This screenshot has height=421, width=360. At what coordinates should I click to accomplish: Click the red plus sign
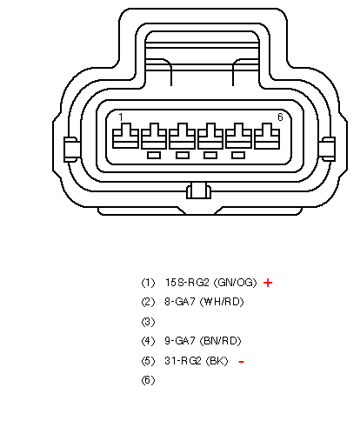click(x=268, y=283)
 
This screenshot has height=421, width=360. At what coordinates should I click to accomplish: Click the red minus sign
click(x=241, y=362)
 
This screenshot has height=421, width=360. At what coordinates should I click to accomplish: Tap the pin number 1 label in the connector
click(x=121, y=117)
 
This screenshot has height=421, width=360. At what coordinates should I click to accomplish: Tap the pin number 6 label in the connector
click(x=280, y=117)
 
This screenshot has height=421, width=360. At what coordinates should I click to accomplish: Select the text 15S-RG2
click(x=187, y=283)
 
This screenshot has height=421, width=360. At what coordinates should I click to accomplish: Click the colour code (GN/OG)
click(x=235, y=283)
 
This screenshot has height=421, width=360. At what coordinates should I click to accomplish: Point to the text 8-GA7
click(x=180, y=302)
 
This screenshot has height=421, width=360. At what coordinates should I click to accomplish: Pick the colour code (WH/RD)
click(x=222, y=302)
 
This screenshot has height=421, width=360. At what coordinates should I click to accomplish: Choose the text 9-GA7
click(x=180, y=341)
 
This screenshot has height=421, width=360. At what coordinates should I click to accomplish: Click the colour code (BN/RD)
click(x=221, y=341)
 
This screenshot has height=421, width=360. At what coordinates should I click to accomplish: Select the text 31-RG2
click(x=183, y=361)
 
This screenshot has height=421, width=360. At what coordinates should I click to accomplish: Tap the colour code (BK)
click(x=217, y=361)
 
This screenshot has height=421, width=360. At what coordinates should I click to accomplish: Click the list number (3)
click(x=148, y=322)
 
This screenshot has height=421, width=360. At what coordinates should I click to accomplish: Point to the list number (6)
click(x=148, y=380)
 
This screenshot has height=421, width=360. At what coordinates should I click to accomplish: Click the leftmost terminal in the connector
click(x=125, y=136)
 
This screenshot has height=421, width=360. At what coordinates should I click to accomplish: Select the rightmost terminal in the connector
click(x=267, y=136)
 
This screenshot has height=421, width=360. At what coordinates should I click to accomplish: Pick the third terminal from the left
click(x=182, y=136)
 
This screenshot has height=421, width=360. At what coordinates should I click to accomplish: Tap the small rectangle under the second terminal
click(x=154, y=156)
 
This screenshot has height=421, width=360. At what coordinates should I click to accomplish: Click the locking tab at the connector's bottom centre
click(x=198, y=190)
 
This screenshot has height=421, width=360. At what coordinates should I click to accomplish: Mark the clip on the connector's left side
click(x=70, y=150)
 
